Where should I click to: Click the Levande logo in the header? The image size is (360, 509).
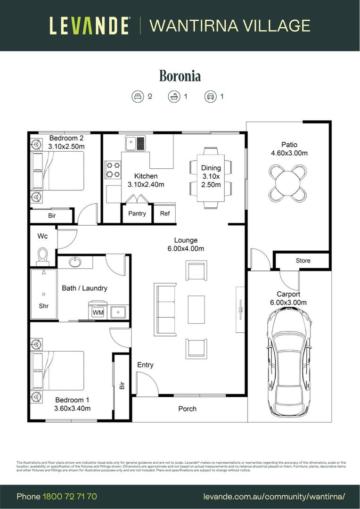pyautogui.click(x=89, y=25)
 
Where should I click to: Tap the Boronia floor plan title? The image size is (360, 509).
pyautogui.click(x=180, y=75)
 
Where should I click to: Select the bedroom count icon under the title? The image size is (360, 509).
pyautogui.click(x=137, y=97)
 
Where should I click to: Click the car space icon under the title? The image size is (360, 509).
pyautogui.click(x=210, y=97)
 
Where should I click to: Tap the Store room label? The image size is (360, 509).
pyautogui.click(x=303, y=260)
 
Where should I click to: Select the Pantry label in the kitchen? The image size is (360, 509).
pyautogui.click(x=137, y=213)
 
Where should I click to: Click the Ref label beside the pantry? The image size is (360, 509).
pyautogui.click(x=164, y=213)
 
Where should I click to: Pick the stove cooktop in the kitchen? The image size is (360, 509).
pyautogui.click(x=113, y=170)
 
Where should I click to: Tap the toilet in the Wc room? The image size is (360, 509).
pyautogui.click(x=43, y=255)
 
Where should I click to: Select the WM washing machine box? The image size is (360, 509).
pyautogui.click(x=98, y=312)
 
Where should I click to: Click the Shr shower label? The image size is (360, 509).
pyautogui.click(x=43, y=306)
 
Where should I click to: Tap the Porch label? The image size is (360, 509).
pyautogui.click(x=187, y=409)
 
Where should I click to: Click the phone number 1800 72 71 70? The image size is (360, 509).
pyautogui.click(x=70, y=496)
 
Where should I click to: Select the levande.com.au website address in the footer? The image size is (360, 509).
pyautogui.click(x=274, y=496)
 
